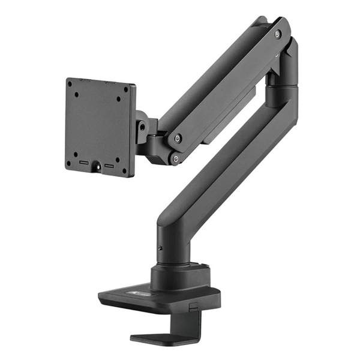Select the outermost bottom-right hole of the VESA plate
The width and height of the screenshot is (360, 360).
[x=124, y=170]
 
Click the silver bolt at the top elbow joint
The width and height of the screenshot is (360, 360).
[x=277, y=34]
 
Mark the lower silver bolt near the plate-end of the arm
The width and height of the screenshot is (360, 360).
[x=175, y=159]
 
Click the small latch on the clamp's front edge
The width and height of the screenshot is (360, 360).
[x=193, y=306]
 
